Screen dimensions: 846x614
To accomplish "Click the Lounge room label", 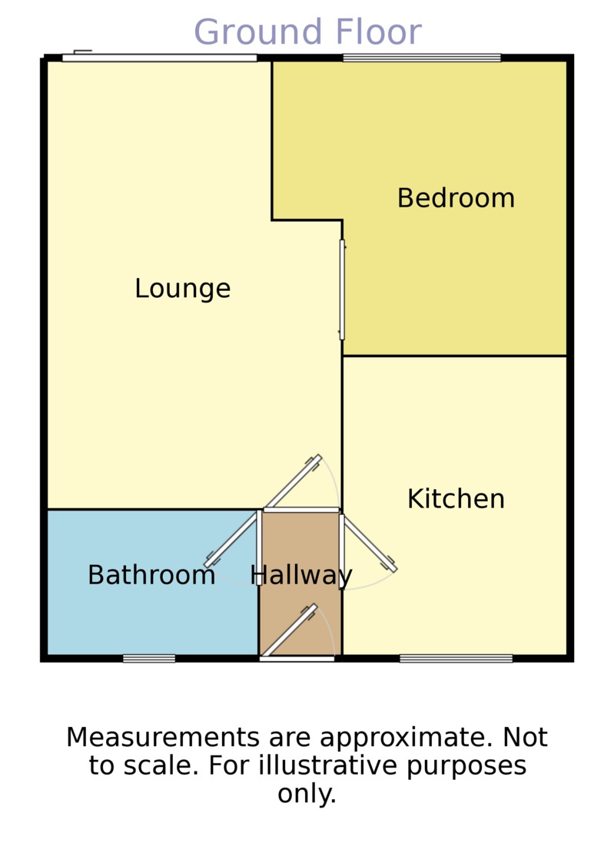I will (x=182, y=289).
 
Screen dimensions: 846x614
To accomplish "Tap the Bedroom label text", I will (x=455, y=198).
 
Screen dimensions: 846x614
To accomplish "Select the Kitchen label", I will (x=456, y=499).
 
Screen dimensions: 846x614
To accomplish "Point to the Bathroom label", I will (x=151, y=575).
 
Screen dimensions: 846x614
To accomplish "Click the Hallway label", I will (x=301, y=575).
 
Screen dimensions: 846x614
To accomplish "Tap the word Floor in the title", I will (x=377, y=33).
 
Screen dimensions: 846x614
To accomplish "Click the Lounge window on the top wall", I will (x=159, y=58).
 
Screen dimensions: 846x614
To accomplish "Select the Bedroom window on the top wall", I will (x=421, y=58).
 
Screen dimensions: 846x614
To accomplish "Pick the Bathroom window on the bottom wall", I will (x=149, y=658).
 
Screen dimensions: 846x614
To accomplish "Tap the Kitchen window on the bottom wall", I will (x=456, y=658).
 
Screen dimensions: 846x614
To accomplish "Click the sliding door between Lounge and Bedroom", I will (x=342, y=289).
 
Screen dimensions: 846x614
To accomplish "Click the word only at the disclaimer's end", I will (x=307, y=794).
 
